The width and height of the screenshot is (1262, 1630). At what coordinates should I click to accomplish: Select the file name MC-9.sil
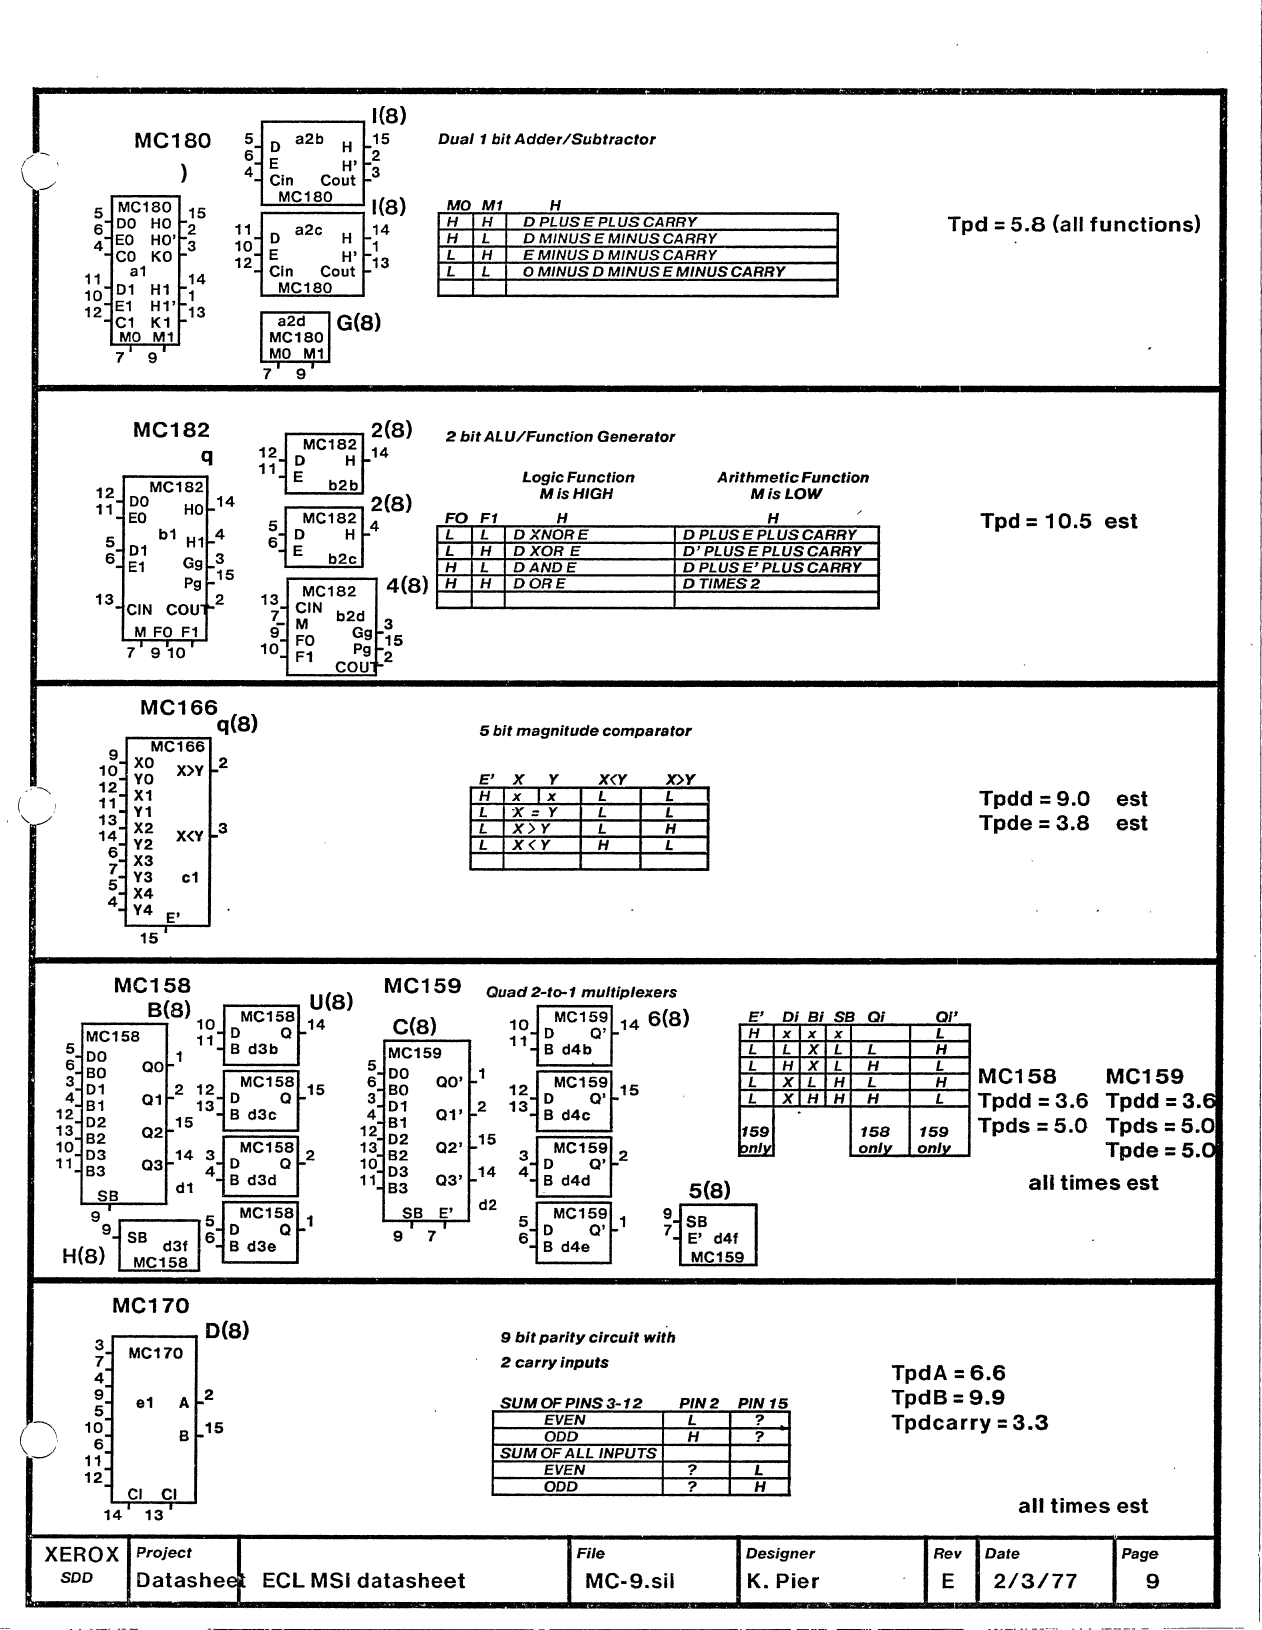(x=630, y=1581)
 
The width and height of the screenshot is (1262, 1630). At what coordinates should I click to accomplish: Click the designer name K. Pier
(x=783, y=1581)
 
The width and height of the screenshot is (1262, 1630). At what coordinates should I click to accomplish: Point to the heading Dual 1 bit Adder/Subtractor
(x=546, y=140)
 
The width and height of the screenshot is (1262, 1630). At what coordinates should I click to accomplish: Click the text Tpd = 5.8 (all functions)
(x=1074, y=225)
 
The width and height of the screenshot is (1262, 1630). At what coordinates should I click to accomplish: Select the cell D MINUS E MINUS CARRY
(x=619, y=239)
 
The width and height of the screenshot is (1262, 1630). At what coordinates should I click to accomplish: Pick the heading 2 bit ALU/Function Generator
(x=560, y=437)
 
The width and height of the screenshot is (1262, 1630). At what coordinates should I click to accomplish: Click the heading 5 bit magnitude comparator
(x=585, y=731)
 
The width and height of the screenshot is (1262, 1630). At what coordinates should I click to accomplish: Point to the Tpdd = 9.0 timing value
(x=1034, y=799)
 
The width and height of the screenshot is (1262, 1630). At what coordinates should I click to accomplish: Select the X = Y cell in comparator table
(x=534, y=813)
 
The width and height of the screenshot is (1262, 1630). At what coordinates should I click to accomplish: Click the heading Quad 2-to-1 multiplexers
(x=581, y=993)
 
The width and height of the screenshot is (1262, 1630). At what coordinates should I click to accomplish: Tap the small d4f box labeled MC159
(x=717, y=1236)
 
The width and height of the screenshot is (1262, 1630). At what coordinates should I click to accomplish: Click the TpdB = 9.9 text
(x=948, y=1398)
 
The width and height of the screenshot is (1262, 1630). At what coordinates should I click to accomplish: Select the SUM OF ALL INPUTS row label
(x=578, y=1453)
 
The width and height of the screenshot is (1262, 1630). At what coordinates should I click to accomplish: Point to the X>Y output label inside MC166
(x=190, y=771)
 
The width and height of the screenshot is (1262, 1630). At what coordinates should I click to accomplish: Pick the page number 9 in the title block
(x=1153, y=1581)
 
